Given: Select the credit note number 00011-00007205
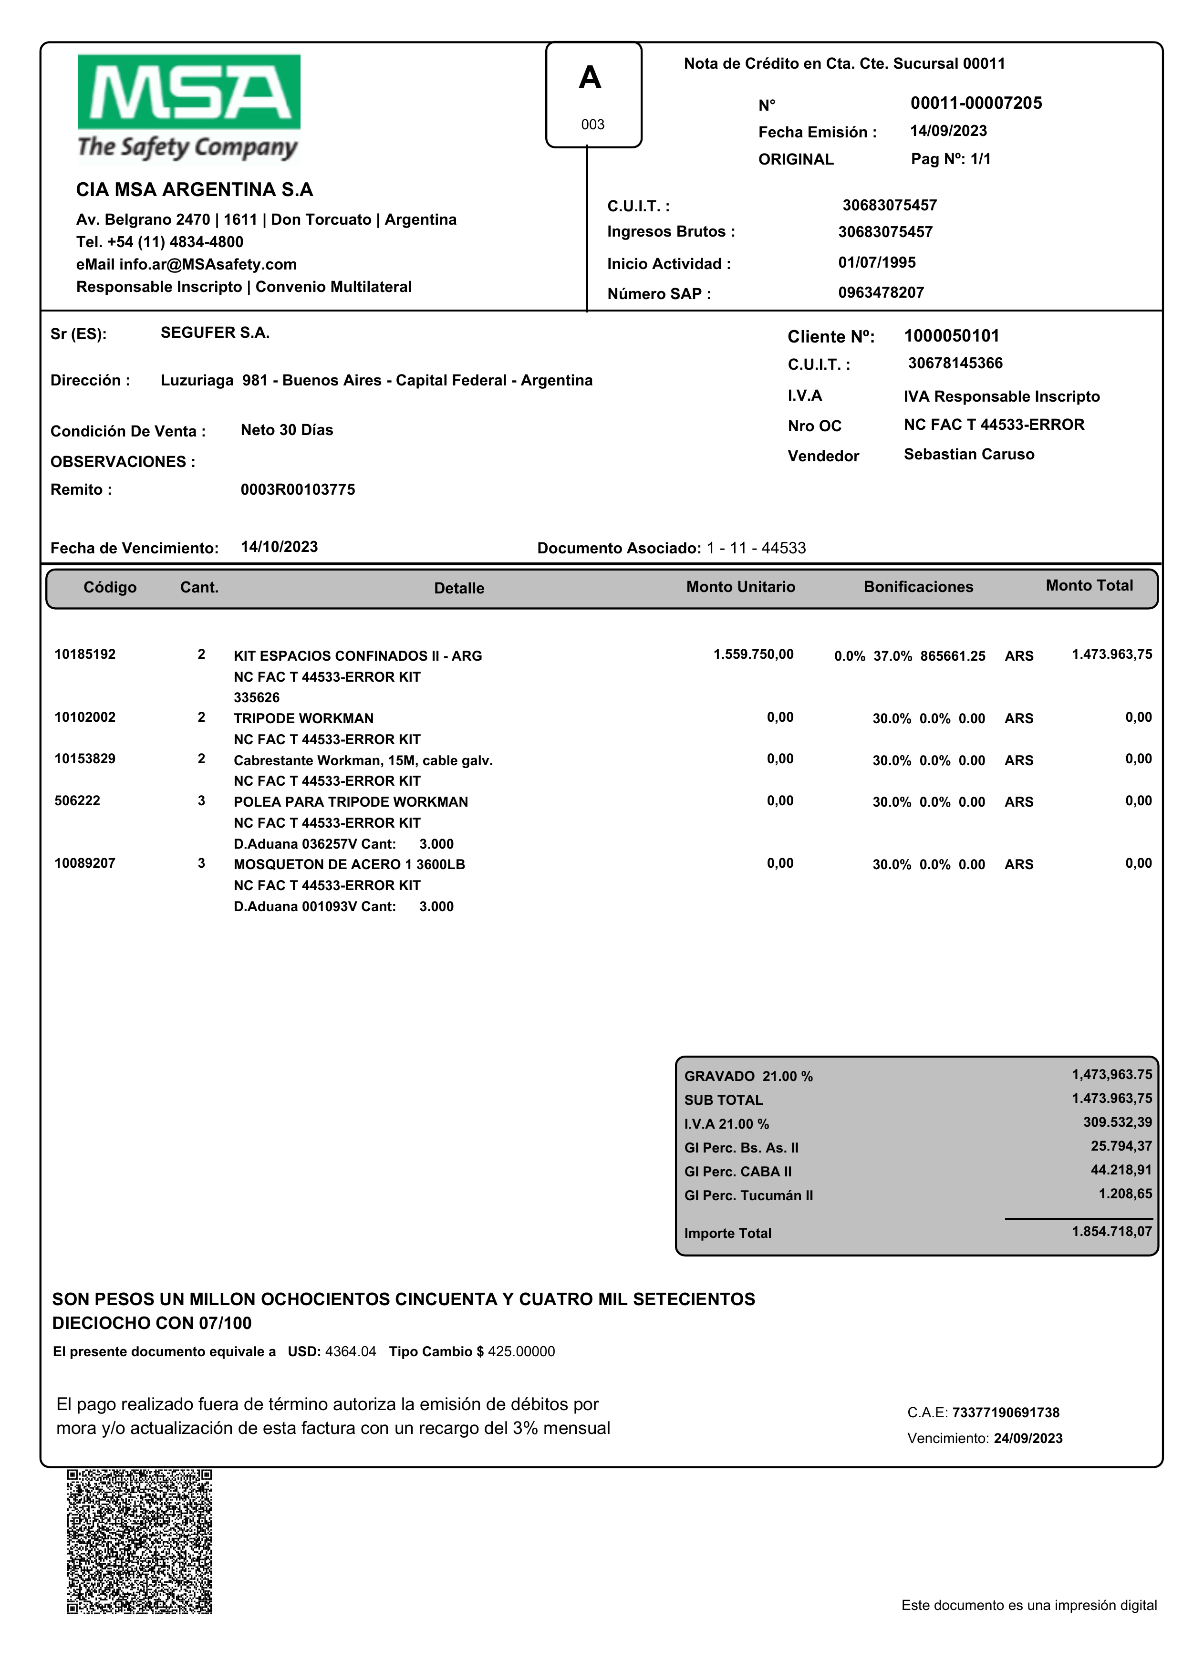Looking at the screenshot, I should (975, 104).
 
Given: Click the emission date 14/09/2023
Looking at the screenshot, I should (948, 131).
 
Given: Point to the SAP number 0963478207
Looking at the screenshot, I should (880, 293).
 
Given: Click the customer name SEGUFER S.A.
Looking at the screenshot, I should (215, 333).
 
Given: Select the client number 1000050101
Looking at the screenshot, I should (951, 336).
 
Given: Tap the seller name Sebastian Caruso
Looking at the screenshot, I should (968, 455).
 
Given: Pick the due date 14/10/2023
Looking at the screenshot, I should (279, 547).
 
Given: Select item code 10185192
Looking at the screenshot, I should (85, 654).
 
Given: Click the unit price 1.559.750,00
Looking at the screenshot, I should (753, 654).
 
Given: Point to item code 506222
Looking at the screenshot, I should (77, 800).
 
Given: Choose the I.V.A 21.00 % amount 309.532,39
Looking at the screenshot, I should (1117, 1122).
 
